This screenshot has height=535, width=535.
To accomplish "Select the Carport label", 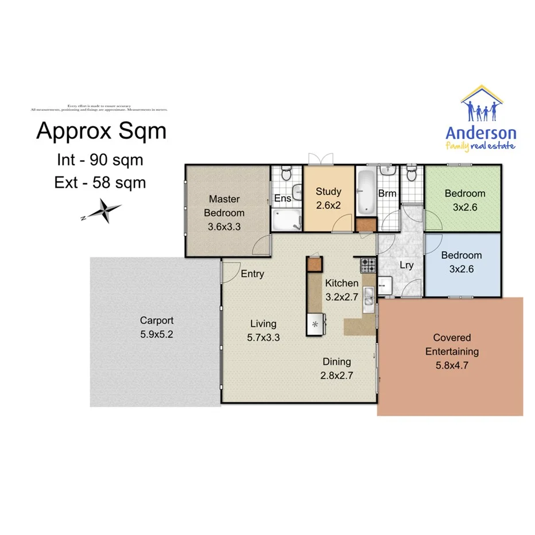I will click(157, 321).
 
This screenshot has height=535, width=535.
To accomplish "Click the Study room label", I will click(328, 192).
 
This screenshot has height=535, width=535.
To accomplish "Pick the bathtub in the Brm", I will click(365, 191).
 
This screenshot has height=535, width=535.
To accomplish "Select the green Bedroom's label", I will click(465, 193).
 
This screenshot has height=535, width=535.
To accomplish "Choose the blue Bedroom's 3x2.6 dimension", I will click(461, 267).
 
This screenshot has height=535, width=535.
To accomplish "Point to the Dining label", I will click(336, 362).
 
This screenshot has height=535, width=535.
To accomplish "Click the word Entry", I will click(253, 274).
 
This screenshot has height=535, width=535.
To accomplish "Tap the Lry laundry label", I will click(406, 265).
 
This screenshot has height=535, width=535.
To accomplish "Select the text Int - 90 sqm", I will click(100, 159).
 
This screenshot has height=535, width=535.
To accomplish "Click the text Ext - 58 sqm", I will click(100, 183).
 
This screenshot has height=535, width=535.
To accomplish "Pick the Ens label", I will click(282, 198).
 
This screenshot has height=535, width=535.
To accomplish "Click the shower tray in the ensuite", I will click(286, 219).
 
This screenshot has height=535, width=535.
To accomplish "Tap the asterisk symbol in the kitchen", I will click(315, 324).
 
